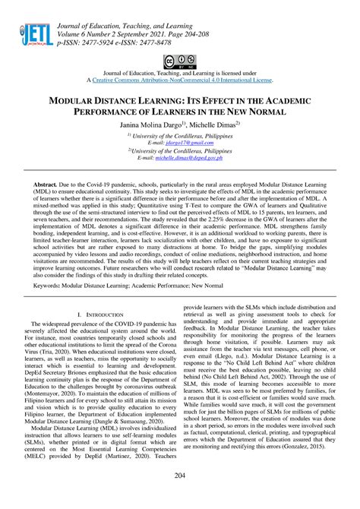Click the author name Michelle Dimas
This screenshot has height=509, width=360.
[214, 123]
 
